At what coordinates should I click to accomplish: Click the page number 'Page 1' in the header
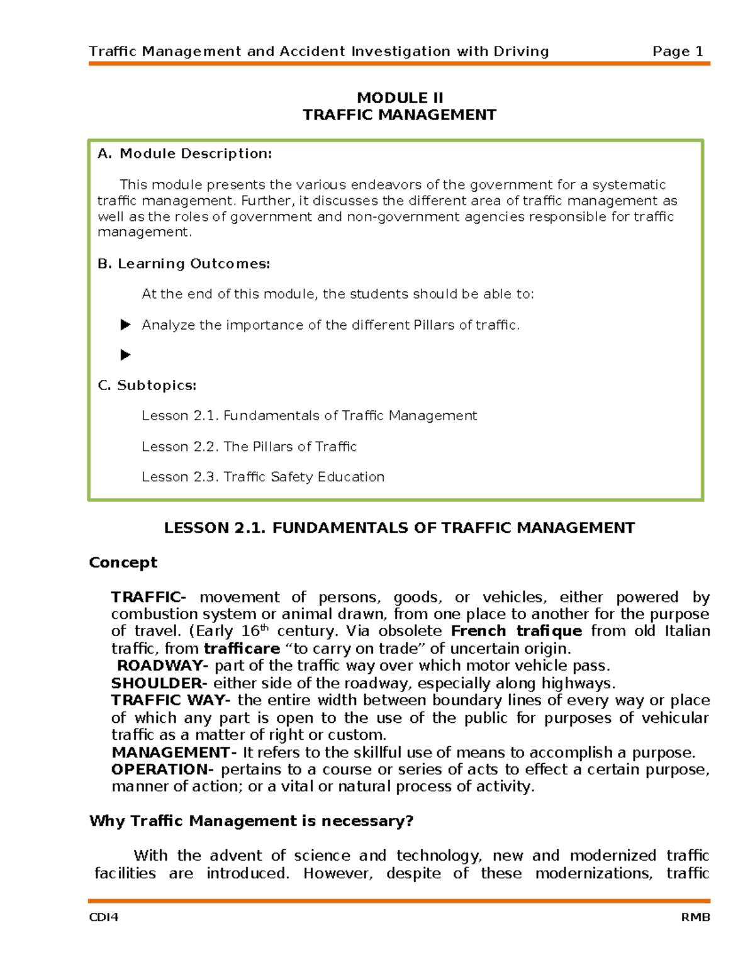tap(678, 52)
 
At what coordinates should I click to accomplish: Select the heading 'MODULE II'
tap(400, 98)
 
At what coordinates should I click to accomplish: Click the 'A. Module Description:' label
tap(184, 154)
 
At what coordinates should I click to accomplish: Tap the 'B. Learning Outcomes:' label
tap(184, 264)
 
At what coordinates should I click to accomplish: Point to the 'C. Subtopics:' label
tap(147, 385)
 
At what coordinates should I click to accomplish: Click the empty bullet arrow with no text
tap(125, 355)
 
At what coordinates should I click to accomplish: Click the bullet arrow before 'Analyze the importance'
tap(125, 325)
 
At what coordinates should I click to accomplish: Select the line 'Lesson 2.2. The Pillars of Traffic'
tap(249, 447)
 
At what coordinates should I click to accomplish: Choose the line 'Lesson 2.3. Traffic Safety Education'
tap(262, 477)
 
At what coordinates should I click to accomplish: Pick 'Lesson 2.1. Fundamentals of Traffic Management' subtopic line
tap(309, 416)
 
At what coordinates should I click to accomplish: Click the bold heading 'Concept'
tap(123, 562)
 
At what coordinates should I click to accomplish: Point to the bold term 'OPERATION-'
tap(162, 769)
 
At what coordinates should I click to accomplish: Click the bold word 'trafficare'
tap(242, 649)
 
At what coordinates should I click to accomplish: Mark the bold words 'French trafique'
tap(517, 631)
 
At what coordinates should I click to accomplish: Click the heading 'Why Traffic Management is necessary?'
tap(251, 821)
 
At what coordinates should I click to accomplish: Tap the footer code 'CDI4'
tap(104, 917)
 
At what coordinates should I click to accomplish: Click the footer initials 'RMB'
tap(695, 917)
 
